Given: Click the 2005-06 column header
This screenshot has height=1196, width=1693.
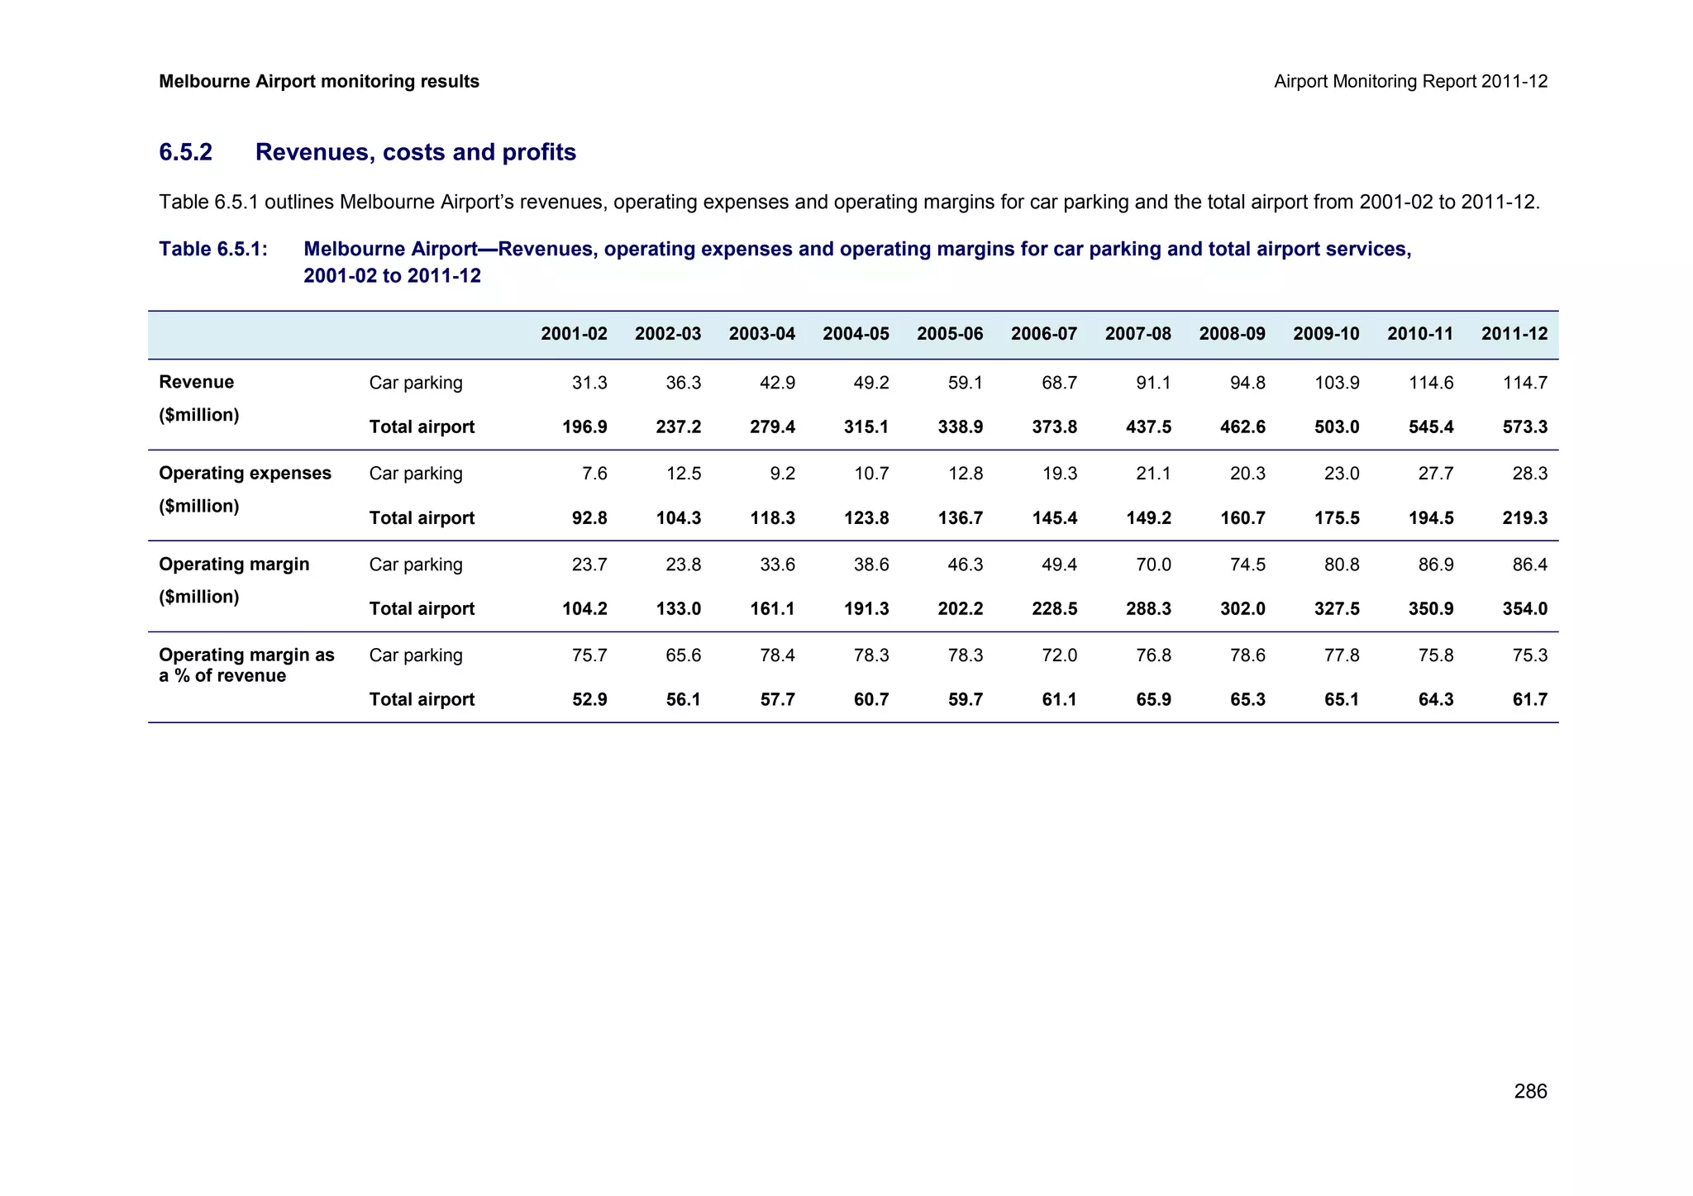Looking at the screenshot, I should pos(949,334).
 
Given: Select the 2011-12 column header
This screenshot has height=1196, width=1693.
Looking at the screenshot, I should pos(1514,334).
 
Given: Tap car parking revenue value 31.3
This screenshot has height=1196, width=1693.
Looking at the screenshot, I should pos(589,383).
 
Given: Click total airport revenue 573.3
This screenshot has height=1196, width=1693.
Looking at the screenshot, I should pos(1524,427).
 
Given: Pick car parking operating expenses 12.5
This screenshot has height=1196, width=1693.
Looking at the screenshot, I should pos(683,474).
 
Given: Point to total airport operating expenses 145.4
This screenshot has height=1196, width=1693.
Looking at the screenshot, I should pos(1054,518).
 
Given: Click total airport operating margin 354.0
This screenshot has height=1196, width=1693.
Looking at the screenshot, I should pos(1524,609).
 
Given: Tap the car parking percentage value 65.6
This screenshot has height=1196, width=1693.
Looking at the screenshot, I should pos(683,655).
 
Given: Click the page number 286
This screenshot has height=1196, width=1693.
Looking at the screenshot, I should pos(1530,1092).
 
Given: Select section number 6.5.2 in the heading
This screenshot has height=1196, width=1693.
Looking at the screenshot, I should pos(185,153).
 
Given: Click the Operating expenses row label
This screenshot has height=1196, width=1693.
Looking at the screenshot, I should pos(245,474).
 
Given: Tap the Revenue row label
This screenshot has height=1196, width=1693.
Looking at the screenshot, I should pos(196,383).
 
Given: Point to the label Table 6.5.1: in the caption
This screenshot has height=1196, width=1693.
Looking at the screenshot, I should pos(212,250).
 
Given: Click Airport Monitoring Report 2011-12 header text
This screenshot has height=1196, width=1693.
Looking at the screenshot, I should pos(1410,82).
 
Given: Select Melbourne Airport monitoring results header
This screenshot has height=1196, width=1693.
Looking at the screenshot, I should pos(318,82).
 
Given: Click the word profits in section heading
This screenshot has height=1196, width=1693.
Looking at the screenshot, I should pos(538,153).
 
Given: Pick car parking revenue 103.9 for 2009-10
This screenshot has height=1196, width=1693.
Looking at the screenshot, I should pos(1337,383).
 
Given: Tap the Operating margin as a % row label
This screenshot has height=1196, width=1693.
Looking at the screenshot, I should pos(246,665).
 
